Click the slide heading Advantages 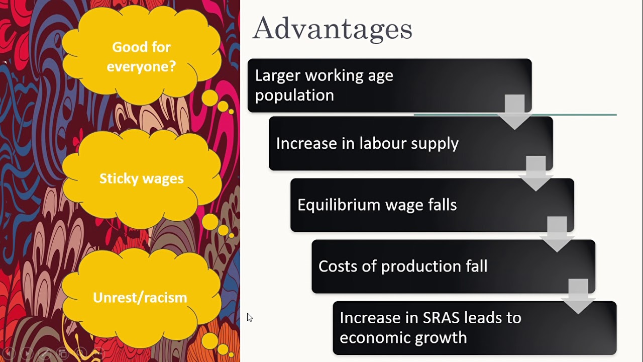(332, 29)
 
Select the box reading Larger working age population (372, 85)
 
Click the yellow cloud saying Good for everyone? (141, 56)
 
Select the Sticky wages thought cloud (141, 178)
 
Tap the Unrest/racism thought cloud (140, 298)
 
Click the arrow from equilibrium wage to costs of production (557, 234)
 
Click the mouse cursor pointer (249, 317)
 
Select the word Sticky (117, 178)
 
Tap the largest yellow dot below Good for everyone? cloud (210, 98)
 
